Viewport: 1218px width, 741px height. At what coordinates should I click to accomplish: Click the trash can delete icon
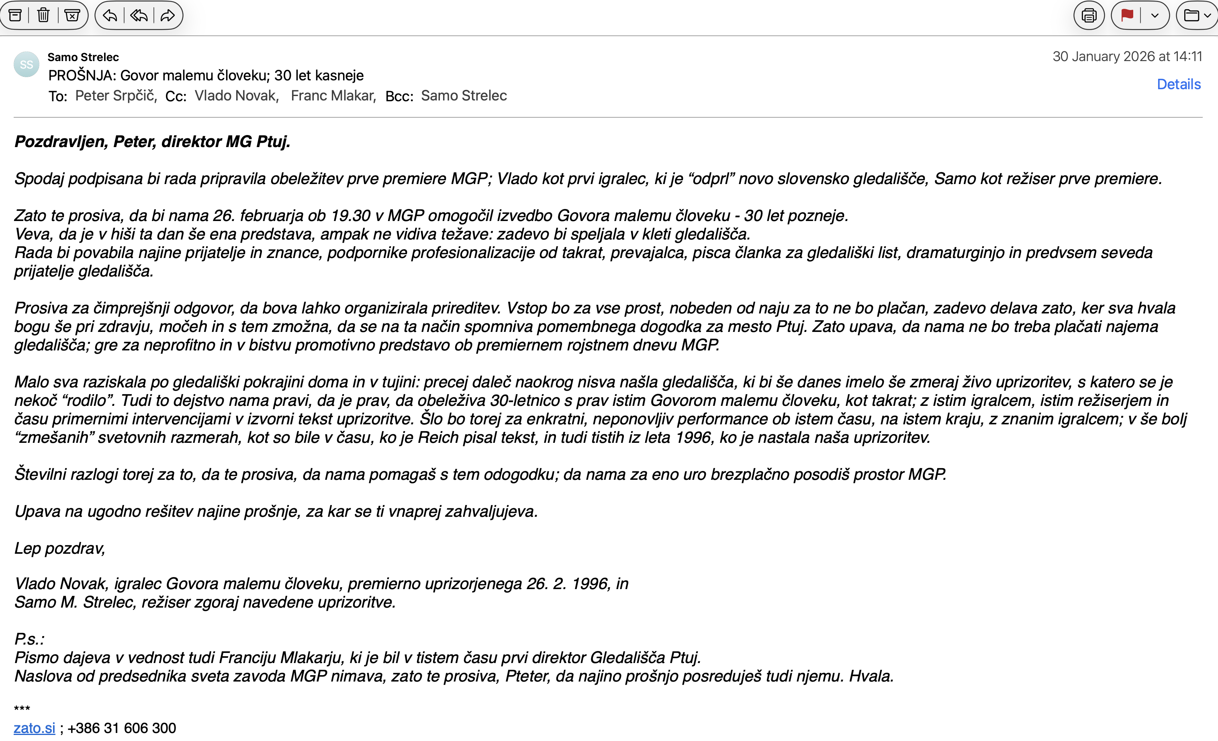(43, 15)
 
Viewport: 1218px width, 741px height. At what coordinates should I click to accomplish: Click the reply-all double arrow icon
(139, 15)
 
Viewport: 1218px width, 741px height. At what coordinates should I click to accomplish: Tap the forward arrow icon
(168, 15)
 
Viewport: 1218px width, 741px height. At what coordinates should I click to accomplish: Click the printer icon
(1089, 15)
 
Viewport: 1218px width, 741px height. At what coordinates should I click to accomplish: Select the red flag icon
(1128, 15)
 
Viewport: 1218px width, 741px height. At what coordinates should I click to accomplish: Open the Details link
(1179, 84)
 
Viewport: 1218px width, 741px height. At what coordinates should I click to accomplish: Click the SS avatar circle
(26, 65)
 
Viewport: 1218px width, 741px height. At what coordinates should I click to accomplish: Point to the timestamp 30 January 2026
(1127, 56)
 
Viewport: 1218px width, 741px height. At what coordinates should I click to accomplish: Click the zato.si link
(34, 728)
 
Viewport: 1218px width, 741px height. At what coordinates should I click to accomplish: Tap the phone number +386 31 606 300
(122, 728)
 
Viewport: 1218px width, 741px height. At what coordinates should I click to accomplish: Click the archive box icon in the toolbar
(15, 15)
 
